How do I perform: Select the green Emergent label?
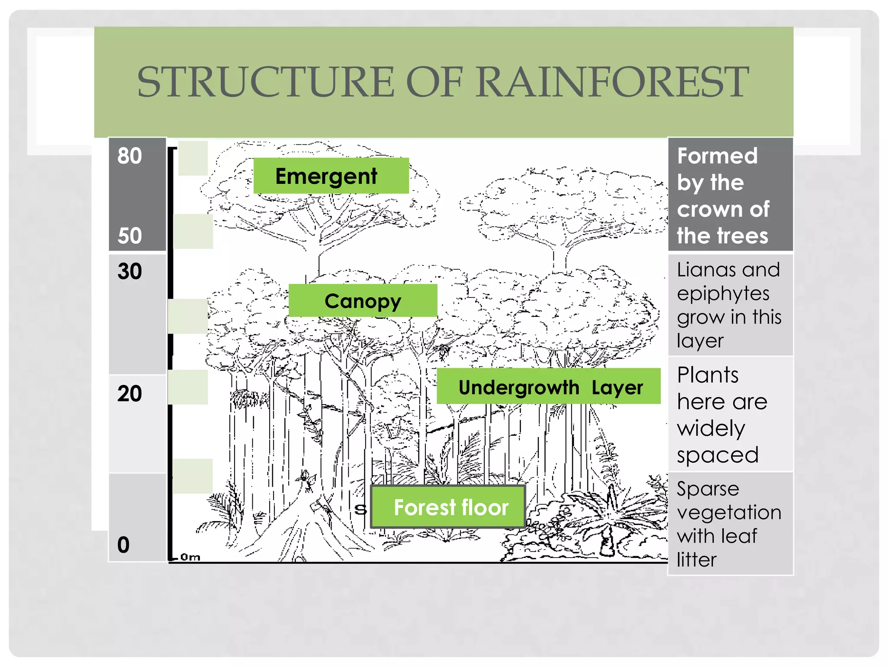coord(330,176)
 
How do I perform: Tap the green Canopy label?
coord(363,301)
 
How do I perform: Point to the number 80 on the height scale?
coord(129,156)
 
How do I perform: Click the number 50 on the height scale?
coord(129,236)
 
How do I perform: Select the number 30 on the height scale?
coord(129,271)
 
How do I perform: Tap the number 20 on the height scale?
coord(129,394)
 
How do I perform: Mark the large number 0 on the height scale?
coord(124,545)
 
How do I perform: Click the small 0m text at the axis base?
coord(190,557)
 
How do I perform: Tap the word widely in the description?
coord(711,429)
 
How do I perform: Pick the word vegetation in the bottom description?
coord(729,513)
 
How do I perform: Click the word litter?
coord(696,560)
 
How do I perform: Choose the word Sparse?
coord(708,489)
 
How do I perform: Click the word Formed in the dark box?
coord(717,156)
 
